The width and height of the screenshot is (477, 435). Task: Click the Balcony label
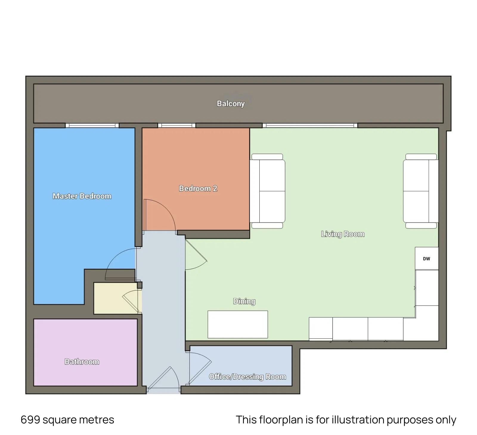point(231,103)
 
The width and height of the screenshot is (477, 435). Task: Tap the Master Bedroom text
point(82,196)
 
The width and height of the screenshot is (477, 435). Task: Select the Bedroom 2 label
point(198,188)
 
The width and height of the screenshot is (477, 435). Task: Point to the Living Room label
point(343,234)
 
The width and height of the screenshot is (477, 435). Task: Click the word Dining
point(244,301)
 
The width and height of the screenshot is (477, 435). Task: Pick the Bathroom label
point(82,362)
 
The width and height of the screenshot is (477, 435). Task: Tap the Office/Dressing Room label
point(247,377)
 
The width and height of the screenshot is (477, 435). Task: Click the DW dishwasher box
point(427,258)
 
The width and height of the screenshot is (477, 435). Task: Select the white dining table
point(238,324)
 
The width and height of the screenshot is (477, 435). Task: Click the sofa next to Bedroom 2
point(267,191)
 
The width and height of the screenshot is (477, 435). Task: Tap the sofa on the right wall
point(421,191)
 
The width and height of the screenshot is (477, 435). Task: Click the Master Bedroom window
point(92,125)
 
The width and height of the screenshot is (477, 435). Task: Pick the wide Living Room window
point(310,125)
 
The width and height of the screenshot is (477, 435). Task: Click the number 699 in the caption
point(30,420)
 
